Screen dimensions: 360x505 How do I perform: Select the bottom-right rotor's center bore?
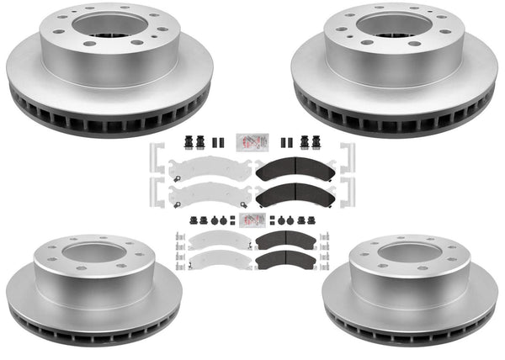(411, 251)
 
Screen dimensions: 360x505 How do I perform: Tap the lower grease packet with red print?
(251, 220)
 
